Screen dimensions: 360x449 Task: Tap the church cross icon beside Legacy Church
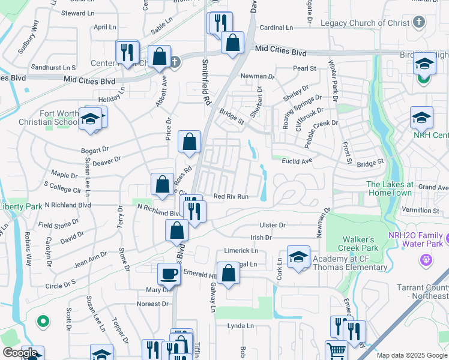click(x=420, y=23)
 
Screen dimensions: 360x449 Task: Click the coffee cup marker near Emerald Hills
click(x=169, y=274)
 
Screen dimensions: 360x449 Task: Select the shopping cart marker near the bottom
click(x=336, y=351)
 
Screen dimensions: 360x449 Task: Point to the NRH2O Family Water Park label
click(x=417, y=239)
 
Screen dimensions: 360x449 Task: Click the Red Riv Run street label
click(x=231, y=196)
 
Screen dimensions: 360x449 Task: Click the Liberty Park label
click(x=22, y=206)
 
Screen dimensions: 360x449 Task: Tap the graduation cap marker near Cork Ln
click(x=298, y=257)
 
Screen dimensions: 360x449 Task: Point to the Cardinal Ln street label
click(x=276, y=28)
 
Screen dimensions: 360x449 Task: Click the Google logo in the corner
click(x=20, y=353)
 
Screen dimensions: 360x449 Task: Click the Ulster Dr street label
click(x=272, y=224)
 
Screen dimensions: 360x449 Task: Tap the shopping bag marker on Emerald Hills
click(x=228, y=274)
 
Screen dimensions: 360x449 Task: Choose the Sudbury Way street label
click(x=29, y=38)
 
